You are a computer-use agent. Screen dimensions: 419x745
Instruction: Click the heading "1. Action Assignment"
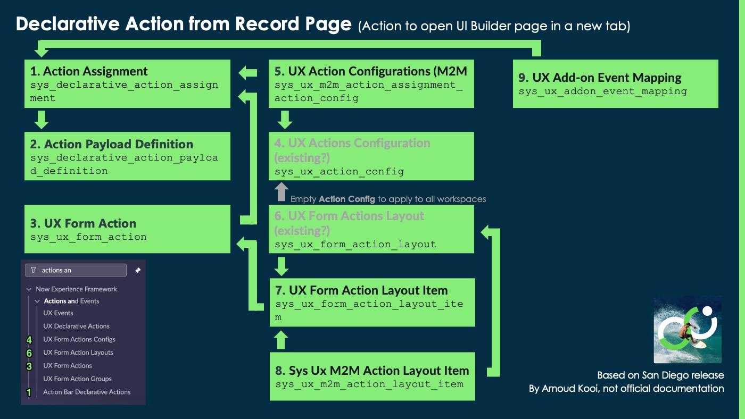point(89,71)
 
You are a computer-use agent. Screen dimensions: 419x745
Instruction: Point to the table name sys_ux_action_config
point(339,172)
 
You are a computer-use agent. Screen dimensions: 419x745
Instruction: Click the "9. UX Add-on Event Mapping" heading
point(600,78)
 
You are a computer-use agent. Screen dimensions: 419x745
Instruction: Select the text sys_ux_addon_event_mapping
point(602,91)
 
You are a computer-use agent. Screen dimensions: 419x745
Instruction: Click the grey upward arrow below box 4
point(282,192)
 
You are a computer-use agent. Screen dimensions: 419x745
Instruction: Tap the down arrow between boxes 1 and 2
point(41,120)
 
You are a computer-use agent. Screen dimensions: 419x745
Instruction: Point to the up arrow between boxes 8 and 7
point(282,339)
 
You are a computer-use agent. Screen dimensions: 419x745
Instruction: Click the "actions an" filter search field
point(76,270)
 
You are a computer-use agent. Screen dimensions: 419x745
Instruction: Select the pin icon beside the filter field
point(138,270)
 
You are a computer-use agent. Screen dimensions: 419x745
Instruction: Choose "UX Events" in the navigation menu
point(58,313)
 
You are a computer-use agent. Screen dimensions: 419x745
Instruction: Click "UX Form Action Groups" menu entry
point(77,379)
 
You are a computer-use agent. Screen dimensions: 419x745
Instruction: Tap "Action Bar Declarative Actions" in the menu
point(87,392)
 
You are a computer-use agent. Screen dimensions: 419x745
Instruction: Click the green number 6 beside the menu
point(29,353)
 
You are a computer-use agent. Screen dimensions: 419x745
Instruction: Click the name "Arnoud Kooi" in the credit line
point(567,389)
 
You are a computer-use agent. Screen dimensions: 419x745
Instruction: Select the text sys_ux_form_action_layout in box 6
point(355,245)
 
